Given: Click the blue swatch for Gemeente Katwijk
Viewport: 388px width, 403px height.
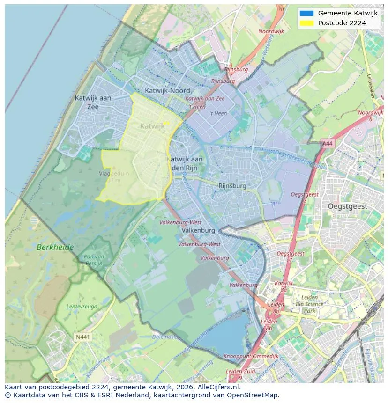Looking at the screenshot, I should (306, 13).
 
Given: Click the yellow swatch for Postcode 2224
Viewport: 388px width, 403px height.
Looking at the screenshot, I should (306, 23).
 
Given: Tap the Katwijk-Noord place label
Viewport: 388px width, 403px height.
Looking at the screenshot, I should (167, 90).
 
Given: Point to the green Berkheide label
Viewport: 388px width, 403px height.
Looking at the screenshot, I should (56, 247).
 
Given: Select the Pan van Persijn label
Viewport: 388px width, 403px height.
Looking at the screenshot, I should (94, 260).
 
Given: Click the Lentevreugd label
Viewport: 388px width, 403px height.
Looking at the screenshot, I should (82, 306).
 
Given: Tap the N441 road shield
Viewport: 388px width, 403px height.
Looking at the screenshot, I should (82, 337).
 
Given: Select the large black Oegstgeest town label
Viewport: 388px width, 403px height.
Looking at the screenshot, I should (347, 206).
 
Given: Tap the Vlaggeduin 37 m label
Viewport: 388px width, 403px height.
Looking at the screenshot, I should (114, 176).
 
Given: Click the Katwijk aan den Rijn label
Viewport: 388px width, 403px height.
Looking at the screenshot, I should (185, 163).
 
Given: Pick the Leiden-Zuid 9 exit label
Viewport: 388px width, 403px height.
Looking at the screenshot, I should (240, 374).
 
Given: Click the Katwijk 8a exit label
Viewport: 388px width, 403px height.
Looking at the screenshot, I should (284, 286).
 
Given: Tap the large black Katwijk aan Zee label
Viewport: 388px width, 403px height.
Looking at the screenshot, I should (93, 102).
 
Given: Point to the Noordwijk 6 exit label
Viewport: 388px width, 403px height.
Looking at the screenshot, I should (370, 116).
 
